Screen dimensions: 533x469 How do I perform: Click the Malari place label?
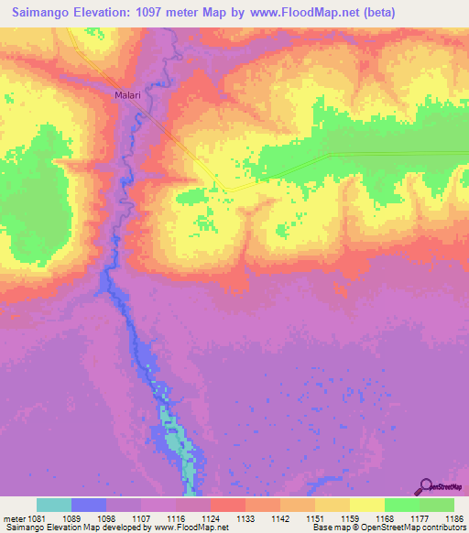point(127,94)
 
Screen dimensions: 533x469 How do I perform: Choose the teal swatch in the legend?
point(54,505)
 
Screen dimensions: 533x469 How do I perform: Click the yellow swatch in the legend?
point(367,505)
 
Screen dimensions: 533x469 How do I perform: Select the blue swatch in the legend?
point(89,505)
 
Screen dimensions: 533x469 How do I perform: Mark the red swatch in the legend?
point(228,505)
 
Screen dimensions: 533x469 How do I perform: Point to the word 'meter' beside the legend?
point(16,517)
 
